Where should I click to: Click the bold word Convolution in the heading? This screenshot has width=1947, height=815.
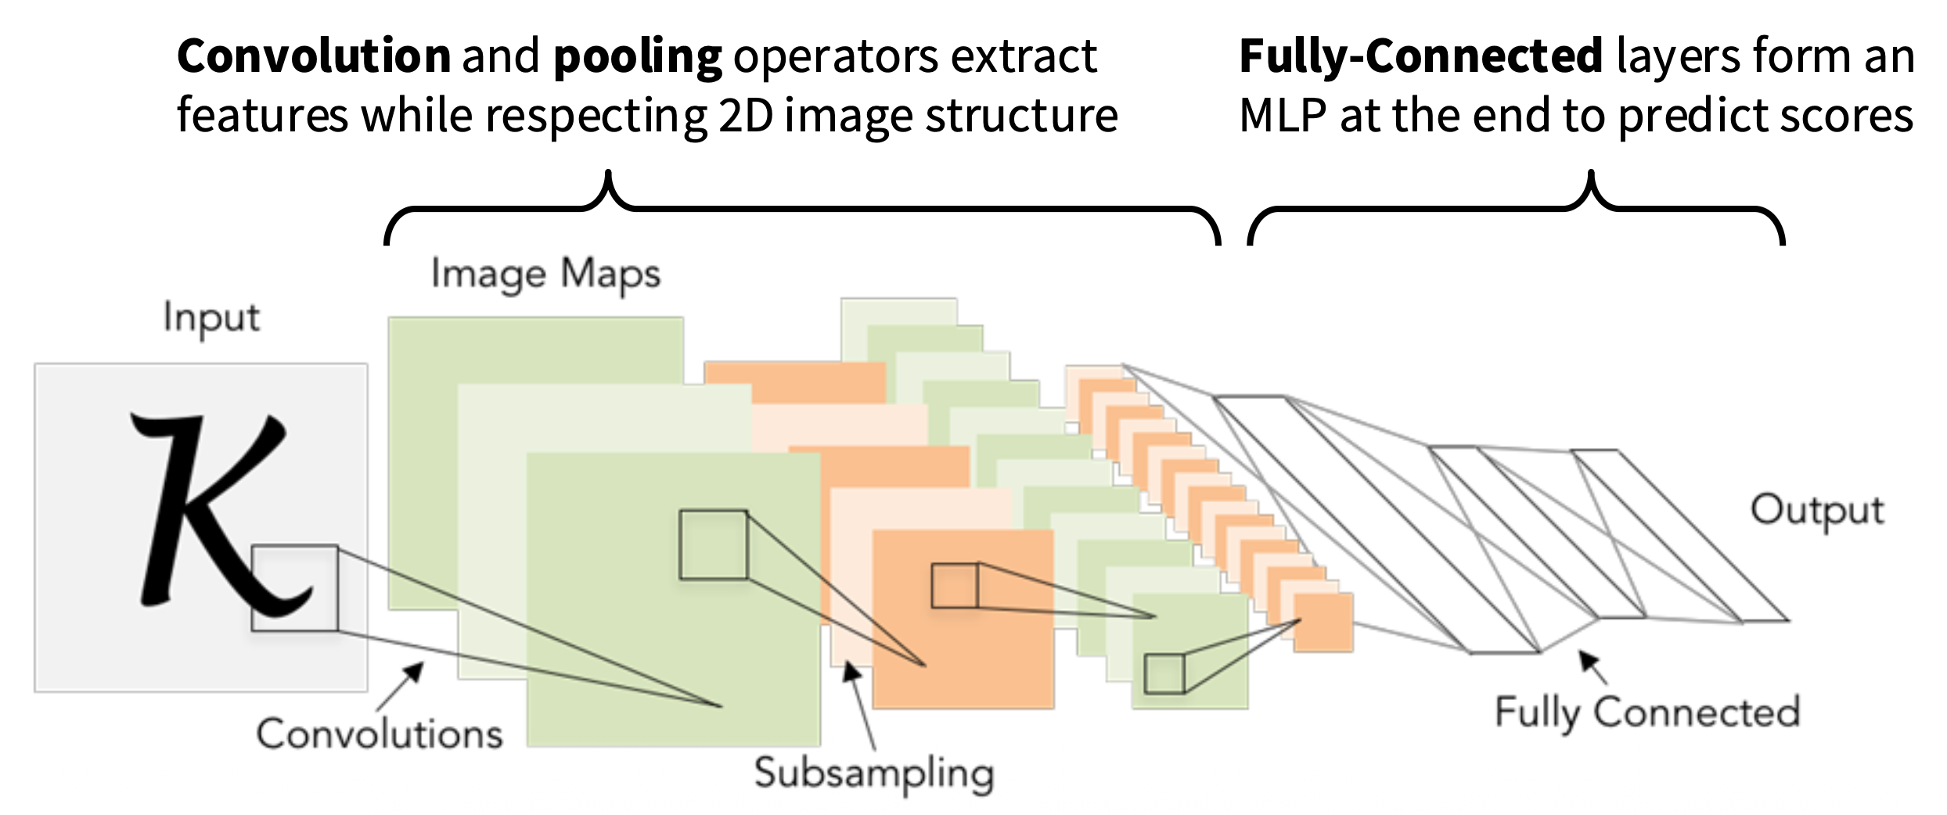pos(314,56)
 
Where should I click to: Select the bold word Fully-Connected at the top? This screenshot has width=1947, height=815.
pos(1421,56)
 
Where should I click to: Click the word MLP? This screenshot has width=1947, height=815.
pos(1283,116)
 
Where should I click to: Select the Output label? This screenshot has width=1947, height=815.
pos(1817,511)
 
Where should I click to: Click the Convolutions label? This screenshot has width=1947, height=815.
pos(380,734)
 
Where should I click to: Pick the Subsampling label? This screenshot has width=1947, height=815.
pos(874,774)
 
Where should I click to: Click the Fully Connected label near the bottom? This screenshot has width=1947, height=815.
pos(1647,713)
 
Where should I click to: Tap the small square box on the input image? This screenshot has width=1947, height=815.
pos(294,588)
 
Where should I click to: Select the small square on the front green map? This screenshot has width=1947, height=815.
pos(713,545)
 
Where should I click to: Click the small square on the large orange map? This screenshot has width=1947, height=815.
pos(954,586)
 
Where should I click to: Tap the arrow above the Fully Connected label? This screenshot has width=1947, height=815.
pos(1593,667)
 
